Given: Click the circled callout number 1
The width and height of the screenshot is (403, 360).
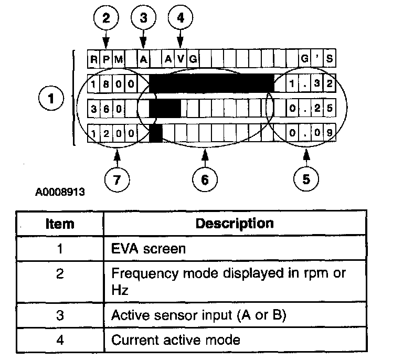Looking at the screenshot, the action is [51, 99].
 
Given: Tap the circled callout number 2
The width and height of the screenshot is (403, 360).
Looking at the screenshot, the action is [106, 18].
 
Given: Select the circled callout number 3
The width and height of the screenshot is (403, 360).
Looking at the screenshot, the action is [143, 18].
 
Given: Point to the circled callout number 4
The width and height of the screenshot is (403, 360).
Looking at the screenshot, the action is [181, 17].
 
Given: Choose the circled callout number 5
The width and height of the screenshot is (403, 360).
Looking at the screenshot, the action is [306, 179].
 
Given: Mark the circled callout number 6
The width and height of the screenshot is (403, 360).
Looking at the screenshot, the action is [205, 179].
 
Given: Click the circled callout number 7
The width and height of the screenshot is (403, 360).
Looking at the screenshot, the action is [117, 179].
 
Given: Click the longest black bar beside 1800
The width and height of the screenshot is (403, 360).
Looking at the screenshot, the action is [211, 83].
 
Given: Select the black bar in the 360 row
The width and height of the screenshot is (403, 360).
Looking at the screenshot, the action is [165, 108].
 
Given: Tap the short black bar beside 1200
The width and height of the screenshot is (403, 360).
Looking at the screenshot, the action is [156, 133].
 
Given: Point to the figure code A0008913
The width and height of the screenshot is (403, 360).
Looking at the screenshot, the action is [60, 192].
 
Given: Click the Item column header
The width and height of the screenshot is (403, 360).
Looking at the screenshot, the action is [60, 224].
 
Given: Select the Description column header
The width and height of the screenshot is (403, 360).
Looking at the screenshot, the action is [235, 224].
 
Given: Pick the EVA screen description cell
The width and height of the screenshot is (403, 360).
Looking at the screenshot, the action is [235, 248].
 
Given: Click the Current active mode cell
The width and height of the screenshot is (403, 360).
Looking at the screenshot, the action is [235, 340].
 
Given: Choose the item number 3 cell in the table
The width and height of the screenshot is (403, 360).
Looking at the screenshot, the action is [60, 315].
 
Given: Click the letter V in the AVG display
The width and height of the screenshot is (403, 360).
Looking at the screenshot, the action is [181, 59].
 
